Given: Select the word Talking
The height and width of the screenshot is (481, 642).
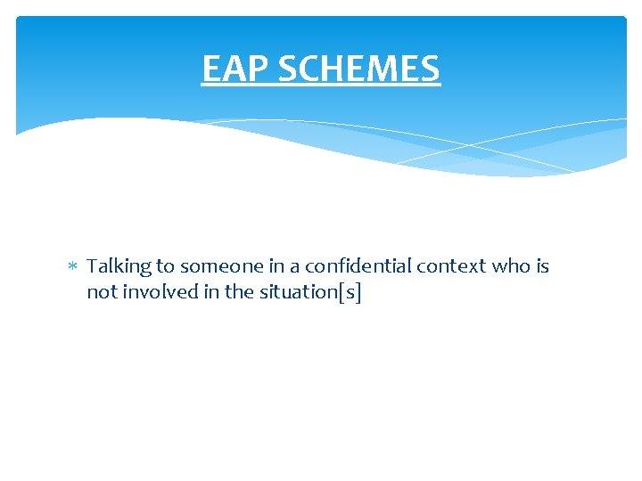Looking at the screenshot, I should coord(119,266).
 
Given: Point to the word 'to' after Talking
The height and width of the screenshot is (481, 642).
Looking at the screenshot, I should coord(166,266).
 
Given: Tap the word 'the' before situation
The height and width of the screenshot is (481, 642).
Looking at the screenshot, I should coord(239,291).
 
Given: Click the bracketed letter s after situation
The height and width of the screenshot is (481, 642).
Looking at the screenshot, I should coord(351,292).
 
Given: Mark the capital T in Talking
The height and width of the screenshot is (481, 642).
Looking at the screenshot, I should coord(93,266).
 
